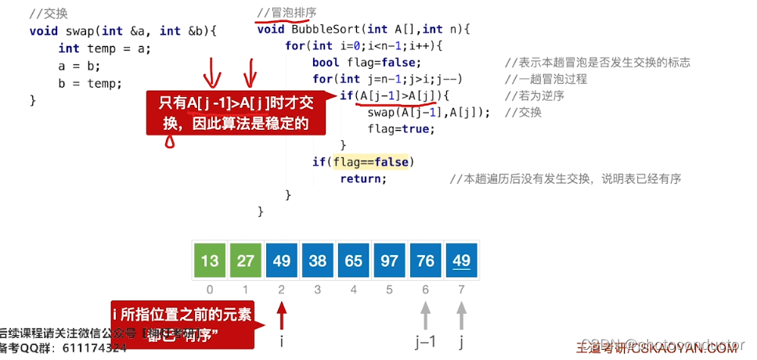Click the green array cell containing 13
click(x=209, y=261)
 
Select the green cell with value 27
click(x=245, y=261)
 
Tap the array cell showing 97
click(x=389, y=261)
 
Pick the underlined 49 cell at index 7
click(x=461, y=261)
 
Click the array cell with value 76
click(x=425, y=261)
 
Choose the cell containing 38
click(x=317, y=261)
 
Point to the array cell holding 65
click(x=353, y=261)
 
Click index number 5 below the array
click(x=389, y=290)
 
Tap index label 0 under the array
click(x=209, y=290)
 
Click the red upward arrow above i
click(x=282, y=318)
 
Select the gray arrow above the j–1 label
click(x=425, y=318)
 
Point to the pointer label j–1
click(x=425, y=341)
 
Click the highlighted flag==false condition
click(x=372, y=162)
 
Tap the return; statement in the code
click(x=363, y=178)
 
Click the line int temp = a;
click(x=104, y=48)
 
